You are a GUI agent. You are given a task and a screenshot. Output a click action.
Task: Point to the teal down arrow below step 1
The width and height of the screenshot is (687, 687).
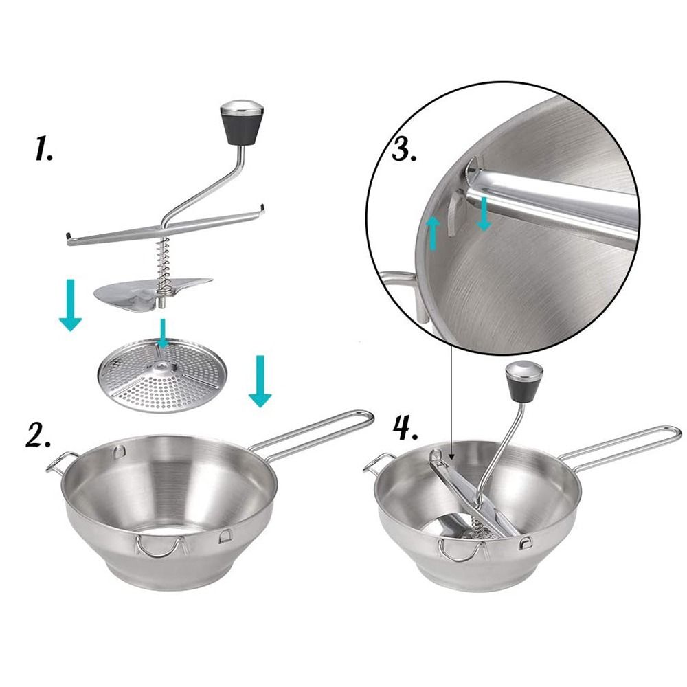point(70,305)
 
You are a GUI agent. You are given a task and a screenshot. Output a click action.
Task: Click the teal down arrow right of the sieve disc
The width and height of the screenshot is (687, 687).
point(259,381)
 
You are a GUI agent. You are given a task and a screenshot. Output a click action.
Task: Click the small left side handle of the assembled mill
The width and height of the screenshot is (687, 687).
point(374,464)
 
